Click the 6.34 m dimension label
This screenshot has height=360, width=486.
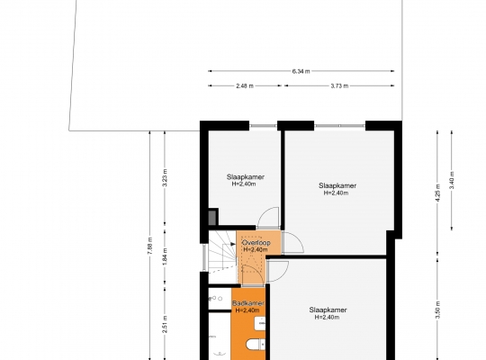tap(301, 71)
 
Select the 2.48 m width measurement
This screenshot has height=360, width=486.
tap(245, 85)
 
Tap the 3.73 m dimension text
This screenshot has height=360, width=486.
tap(339, 85)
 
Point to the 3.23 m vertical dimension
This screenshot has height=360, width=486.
tap(165, 177)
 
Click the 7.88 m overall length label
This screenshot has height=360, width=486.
tap(150, 247)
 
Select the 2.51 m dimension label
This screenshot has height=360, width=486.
tap(165, 324)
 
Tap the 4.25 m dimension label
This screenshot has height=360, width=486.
tap(437, 193)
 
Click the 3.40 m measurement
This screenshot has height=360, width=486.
tap(452, 180)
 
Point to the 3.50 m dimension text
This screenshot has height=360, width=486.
tap(437, 310)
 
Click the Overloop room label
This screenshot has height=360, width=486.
tap(256, 243)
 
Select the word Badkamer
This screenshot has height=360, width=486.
tap(248, 303)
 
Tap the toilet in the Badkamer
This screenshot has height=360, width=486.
tap(256, 344)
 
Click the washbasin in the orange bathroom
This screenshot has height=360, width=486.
tap(260, 323)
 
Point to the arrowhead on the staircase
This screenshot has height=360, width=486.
tap(233, 244)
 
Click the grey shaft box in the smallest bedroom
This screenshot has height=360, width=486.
tap(212, 218)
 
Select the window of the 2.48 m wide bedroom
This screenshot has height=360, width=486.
tap(263, 126)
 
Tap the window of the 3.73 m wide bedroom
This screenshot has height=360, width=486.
tap(339, 126)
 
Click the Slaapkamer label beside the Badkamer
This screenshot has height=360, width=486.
tap(328, 310)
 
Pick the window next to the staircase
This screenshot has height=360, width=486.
tap(204, 257)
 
